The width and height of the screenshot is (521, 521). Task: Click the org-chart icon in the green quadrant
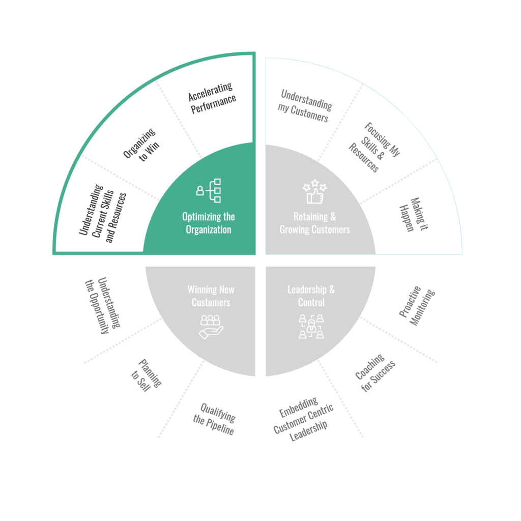209,190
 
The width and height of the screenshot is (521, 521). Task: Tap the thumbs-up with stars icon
314,191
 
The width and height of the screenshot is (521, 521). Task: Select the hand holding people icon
211,327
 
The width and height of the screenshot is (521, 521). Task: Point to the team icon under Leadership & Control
311,327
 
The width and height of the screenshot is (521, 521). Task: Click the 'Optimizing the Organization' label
209,223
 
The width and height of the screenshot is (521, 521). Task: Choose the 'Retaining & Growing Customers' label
314,223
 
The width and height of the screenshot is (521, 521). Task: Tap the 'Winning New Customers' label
211,296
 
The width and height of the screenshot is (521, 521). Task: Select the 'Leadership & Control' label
311,296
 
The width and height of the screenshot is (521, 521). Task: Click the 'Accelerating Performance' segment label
212,98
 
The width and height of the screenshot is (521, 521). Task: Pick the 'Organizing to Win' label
141,145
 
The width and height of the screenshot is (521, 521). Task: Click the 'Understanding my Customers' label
305,106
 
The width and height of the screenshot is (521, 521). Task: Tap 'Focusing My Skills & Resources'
374,147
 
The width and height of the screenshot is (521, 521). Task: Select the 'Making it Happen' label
414,214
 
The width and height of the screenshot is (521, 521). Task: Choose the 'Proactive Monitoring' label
417,306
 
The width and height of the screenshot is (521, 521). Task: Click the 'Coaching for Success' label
375,372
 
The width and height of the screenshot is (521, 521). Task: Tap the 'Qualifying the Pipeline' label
214,419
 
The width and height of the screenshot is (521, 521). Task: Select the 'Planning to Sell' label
146,375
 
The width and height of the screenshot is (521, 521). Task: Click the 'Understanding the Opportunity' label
102,305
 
